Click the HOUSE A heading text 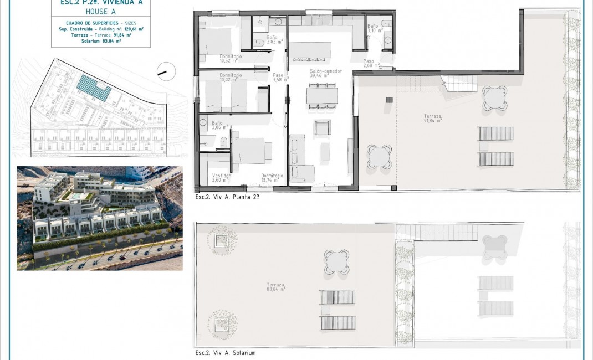(100, 11)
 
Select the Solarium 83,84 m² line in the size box (100, 40)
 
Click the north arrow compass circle (166, 70)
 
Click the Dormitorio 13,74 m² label (272, 178)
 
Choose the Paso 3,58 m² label (278, 78)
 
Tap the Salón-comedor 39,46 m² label (326, 74)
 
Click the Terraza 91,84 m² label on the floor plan (432, 119)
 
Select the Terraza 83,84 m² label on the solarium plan (275, 286)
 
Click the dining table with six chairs (322, 96)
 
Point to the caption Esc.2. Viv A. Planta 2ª (227, 197)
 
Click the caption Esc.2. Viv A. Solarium (226, 353)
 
